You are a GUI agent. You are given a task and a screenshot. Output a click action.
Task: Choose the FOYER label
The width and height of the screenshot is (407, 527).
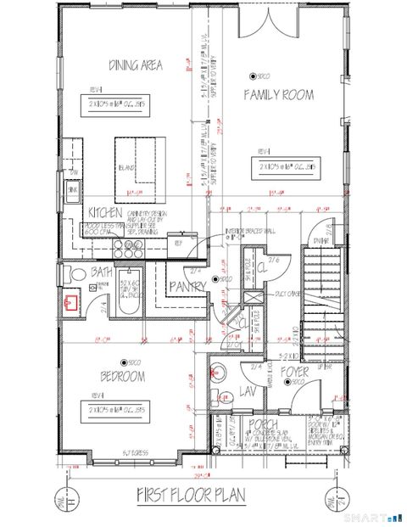295,372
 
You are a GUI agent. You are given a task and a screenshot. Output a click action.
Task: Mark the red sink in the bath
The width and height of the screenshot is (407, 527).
71,300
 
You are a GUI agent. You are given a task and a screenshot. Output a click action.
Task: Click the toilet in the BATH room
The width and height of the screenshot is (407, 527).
75,273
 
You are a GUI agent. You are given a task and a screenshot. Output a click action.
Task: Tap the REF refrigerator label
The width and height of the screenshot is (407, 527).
178,241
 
